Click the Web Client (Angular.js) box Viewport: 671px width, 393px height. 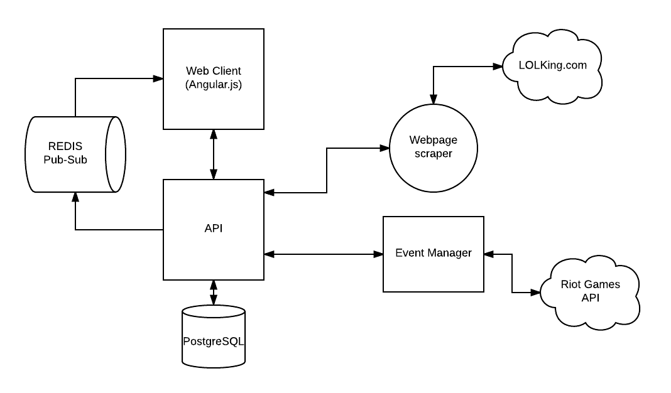pyautogui.click(x=214, y=79)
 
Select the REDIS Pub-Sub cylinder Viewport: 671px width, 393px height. pyautogui.click(x=75, y=154)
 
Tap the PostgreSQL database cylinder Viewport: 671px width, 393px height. pyautogui.click(x=214, y=336)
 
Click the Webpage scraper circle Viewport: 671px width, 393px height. pyautogui.click(x=434, y=148)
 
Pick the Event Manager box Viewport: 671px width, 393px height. pyautogui.click(x=434, y=254)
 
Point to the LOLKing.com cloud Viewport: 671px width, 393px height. pyautogui.click(x=552, y=67)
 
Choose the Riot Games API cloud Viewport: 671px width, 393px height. pyautogui.click(x=590, y=293)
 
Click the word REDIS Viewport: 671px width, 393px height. pyautogui.click(x=65, y=146)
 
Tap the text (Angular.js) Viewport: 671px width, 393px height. pyautogui.click(x=214, y=85)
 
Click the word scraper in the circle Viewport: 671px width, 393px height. pyautogui.click(x=434, y=154)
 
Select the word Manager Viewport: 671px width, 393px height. pyautogui.click(x=452, y=253)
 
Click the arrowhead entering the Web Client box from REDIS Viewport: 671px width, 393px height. pyautogui.click(x=158, y=78)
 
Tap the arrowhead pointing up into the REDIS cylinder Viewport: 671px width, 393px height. pyautogui.click(x=75, y=197)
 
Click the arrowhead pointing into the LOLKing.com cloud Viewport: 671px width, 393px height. pyautogui.click(x=497, y=67)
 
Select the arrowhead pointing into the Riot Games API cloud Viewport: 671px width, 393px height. pyautogui.click(x=535, y=293)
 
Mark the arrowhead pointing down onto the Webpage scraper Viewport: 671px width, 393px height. pyautogui.click(x=434, y=99)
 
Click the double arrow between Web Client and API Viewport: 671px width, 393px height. pyautogui.click(x=214, y=154)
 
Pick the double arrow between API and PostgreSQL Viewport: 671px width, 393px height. pyautogui.click(x=214, y=293)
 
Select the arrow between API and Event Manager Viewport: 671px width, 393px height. pyautogui.click(x=324, y=254)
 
